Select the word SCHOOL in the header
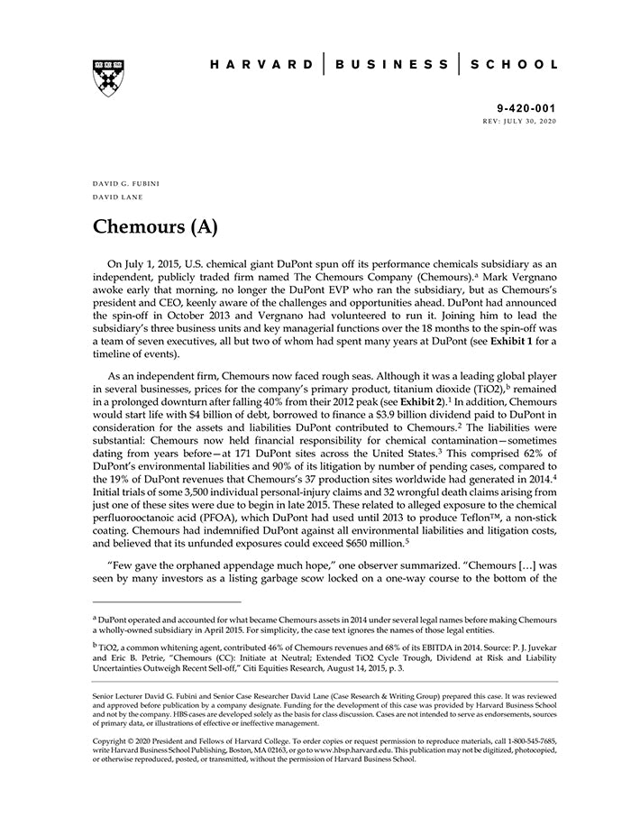516,65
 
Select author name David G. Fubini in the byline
126,184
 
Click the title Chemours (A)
155,226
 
